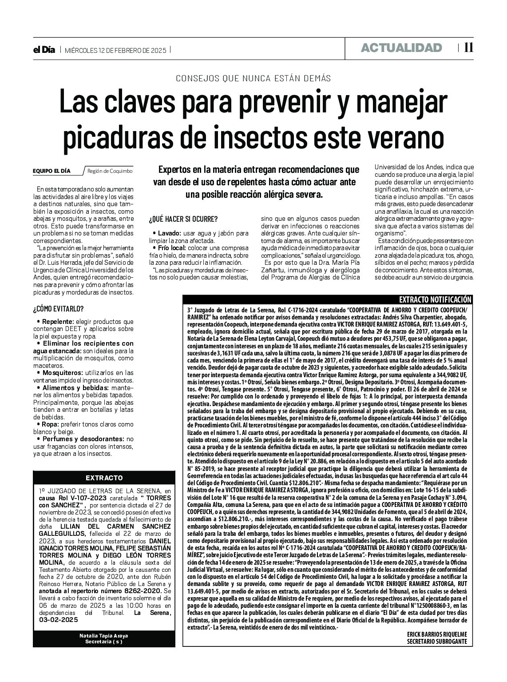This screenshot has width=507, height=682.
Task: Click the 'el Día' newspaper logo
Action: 44,50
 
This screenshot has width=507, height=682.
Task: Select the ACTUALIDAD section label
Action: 401,48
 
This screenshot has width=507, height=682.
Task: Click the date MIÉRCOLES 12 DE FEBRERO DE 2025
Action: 115,50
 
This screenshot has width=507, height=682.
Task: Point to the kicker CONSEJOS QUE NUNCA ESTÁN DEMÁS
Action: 253,78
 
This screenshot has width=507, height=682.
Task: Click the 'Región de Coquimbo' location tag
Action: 110,171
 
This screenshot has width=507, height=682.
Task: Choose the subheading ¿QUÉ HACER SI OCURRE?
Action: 183,219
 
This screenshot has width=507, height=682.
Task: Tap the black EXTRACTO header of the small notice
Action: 104,478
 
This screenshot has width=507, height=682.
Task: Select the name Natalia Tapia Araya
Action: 104,635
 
